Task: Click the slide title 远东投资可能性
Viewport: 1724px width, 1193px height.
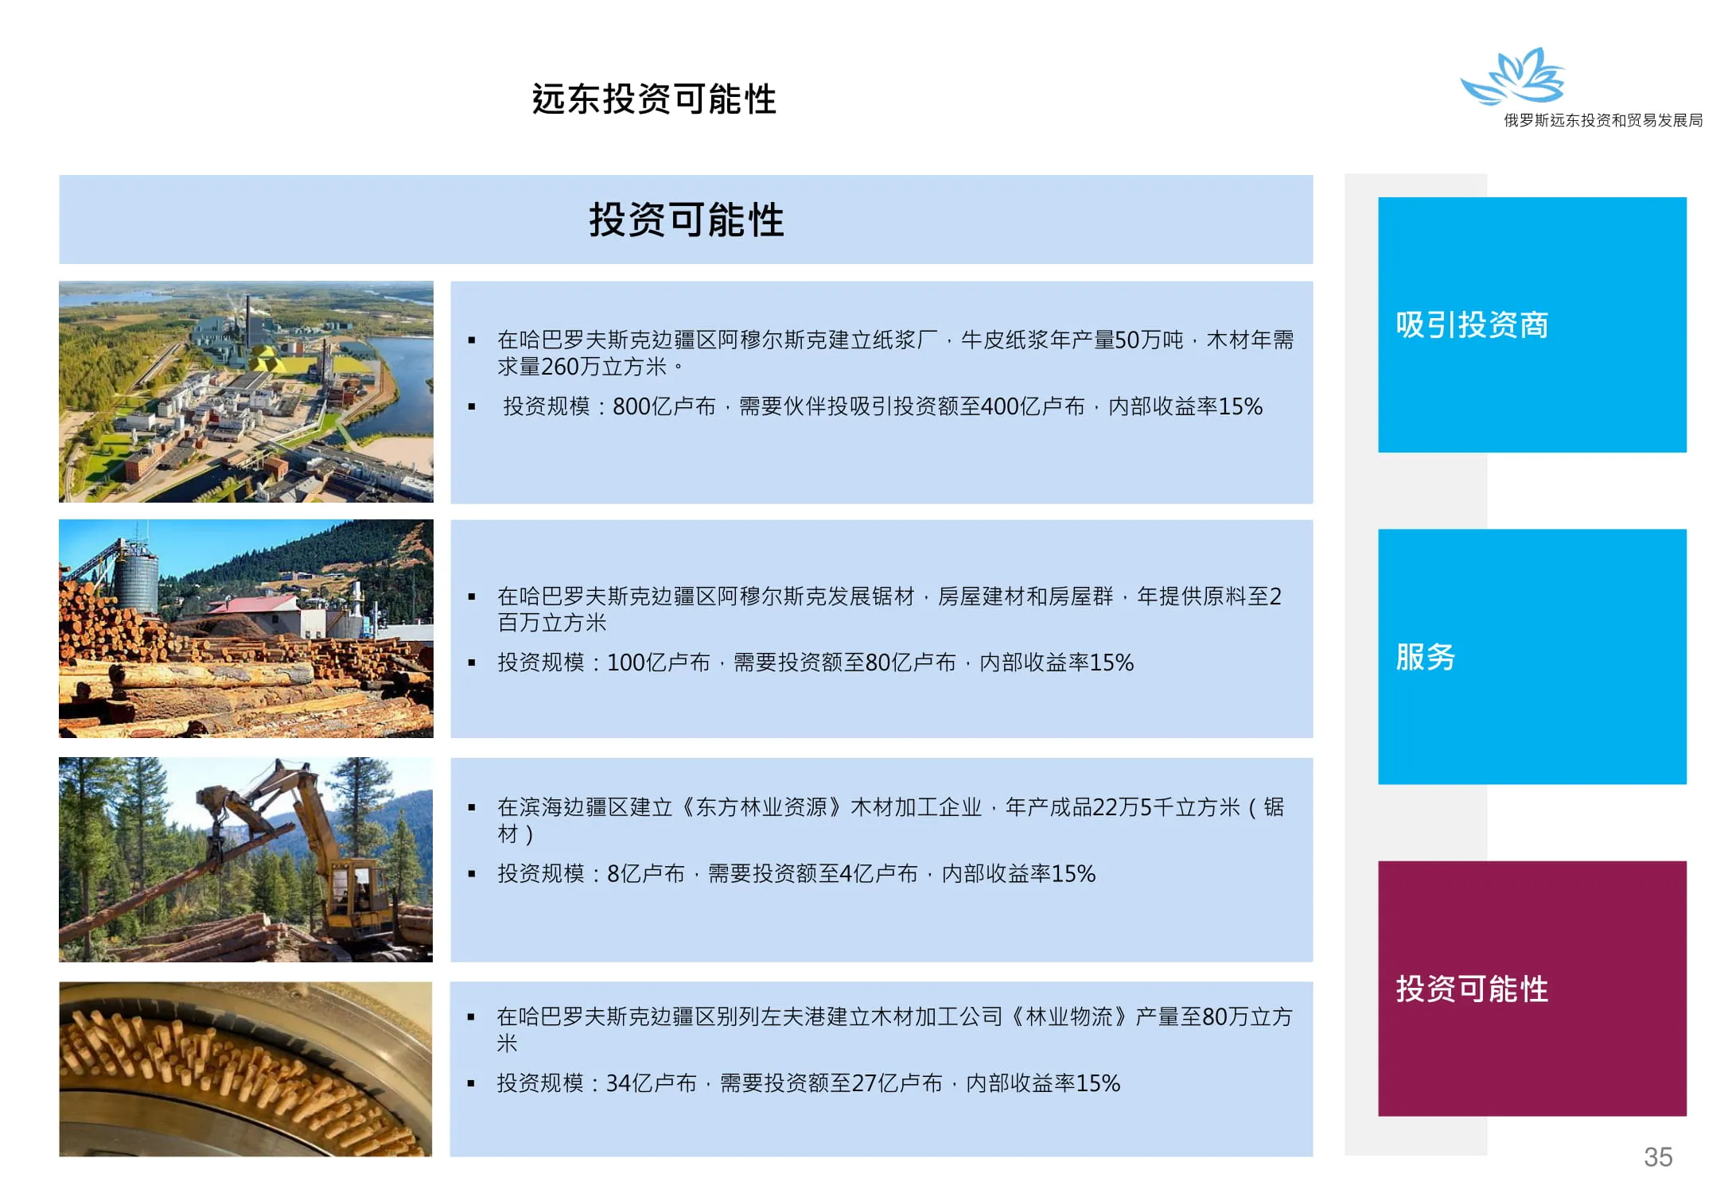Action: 654,100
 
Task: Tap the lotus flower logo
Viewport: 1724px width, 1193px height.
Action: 1513,76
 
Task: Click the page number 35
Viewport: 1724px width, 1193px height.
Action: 1658,1157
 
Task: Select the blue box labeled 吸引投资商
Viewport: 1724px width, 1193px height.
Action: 1532,324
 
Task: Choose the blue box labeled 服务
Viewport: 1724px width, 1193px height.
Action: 1532,657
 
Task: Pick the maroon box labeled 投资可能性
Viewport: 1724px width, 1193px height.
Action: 1532,989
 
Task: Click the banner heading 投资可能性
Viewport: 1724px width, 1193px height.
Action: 687,220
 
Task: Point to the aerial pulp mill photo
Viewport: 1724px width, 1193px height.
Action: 246,391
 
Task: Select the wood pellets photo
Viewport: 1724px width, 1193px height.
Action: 246,1069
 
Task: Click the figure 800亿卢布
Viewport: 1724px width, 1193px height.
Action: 664,406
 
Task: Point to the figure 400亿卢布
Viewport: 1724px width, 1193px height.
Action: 1033,406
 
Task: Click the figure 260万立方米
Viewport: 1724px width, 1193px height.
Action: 604,367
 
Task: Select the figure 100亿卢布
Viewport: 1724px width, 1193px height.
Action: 659,663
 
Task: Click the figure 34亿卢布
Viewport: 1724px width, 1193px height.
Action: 652,1083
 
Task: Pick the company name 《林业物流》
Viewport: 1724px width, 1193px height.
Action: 1069,1016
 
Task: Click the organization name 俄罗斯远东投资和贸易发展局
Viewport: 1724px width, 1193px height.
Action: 1603,120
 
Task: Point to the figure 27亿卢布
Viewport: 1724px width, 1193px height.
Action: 897,1083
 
